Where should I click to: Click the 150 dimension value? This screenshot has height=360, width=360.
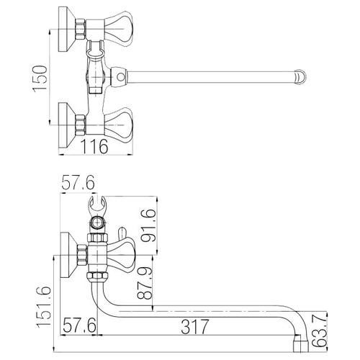[x=40, y=78]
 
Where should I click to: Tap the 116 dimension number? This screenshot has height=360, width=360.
[x=94, y=146]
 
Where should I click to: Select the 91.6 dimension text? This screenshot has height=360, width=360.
[x=148, y=225]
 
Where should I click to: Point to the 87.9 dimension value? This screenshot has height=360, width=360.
[x=145, y=283]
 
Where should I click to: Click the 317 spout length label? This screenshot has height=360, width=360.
[x=195, y=327]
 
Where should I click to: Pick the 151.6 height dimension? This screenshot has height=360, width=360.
[x=44, y=307]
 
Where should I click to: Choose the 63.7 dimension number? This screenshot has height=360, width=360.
[x=320, y=331]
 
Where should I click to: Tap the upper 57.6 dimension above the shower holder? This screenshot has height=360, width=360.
[x=78, y=183]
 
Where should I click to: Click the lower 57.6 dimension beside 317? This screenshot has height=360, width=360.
[x=79, y=325]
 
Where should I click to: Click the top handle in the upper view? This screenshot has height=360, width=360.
[x=119, y=29]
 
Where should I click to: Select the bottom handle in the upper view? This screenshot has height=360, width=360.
[x=119, y=125]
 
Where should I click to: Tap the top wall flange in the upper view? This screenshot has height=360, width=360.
[x=67, y=29]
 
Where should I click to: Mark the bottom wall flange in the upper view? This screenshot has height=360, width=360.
[x=67, y=125]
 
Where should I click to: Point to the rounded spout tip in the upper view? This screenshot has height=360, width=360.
[x=300, y=77]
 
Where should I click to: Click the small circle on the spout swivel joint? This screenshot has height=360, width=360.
[x=121, y=77]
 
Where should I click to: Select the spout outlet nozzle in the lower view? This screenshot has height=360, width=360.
[x=301, y=343]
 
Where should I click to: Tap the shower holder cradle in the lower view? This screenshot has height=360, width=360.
[x=97, y=205]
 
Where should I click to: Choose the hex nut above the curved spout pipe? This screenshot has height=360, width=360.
[x=97, y=278]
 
